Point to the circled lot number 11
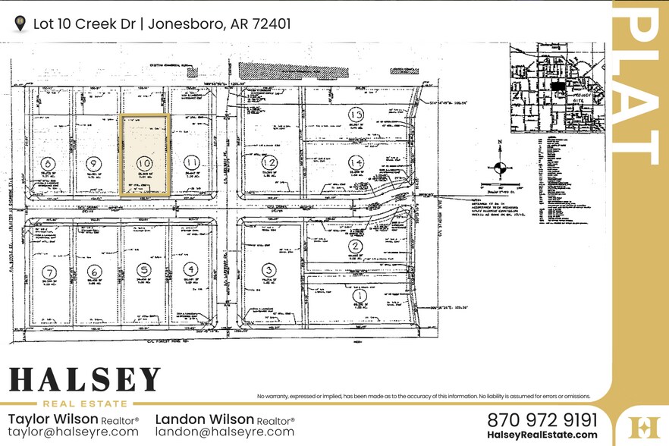coord(192,162)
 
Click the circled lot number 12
coord(269,162)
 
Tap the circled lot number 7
coord(51,272)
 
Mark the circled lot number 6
coord(95,272)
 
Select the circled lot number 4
coord(191,269)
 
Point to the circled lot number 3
coord(268,269)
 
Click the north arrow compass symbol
coord(498,168)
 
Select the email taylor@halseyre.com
coord(74,432)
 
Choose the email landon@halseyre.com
coord(225,432)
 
